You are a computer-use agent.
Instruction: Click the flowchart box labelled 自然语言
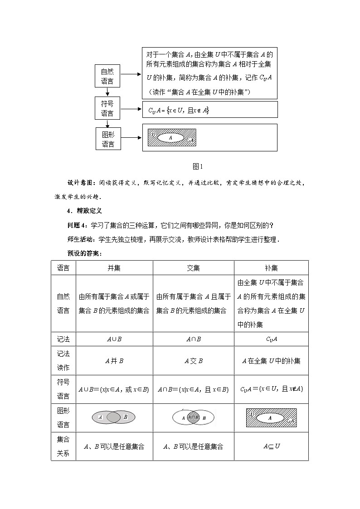pos(107,76)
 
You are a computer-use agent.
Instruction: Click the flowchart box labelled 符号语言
pos(107,109)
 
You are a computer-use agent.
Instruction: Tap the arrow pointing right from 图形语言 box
pos(131,138)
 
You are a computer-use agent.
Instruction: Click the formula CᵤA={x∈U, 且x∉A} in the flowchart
pos(179,110)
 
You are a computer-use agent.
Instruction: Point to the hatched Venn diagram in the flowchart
pos(172,137)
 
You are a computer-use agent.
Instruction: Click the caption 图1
pos(197,166)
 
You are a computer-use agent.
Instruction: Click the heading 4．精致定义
pos(84,211)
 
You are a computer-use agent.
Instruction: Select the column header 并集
pos(114,268)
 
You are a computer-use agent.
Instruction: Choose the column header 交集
pos(193,268)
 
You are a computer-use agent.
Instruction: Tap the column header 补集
pos(271,268)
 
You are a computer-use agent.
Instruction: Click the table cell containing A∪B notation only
pos(114,339)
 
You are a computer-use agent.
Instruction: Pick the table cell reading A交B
pos(193,361)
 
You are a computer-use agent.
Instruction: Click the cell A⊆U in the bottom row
pos(271,446)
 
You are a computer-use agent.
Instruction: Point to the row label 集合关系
pos(63,446)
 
